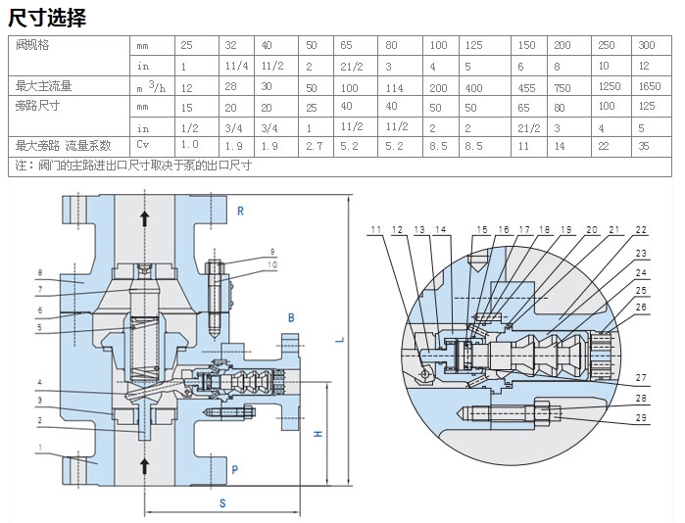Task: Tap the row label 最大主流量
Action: tap(44, 86)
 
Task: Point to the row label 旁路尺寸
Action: tap(38, 106)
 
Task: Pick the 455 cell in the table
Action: tap(527, 86)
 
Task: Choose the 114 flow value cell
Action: tap(394, 86)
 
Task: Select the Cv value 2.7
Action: tap(314, 145)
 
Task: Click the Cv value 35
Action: tap(645, 145)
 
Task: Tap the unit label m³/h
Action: tap(152, 86)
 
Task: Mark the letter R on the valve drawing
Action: tap(240, 211)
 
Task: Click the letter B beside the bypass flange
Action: tap(291, 318)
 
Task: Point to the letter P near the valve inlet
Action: tap(235, 470)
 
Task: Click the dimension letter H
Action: tap(318, 434)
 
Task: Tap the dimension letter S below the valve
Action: tap(222, 504)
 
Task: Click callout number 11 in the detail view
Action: tap(375, 230)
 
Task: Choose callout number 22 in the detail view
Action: tap(641, 230)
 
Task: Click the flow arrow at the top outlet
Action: tap(145, 218)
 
